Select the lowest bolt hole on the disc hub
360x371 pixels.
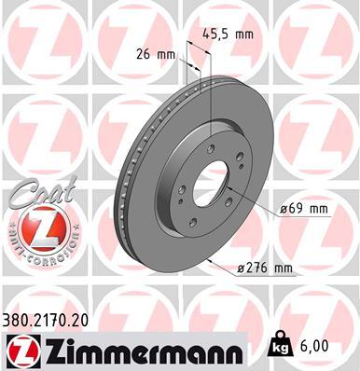(193, 223)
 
